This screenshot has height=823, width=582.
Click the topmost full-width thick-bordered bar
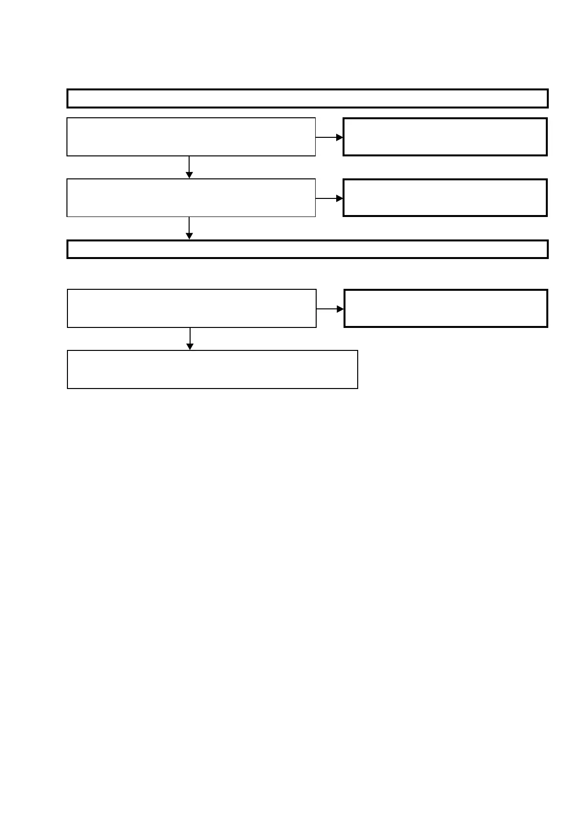(x=307, y=98)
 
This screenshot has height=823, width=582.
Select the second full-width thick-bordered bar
(x=307, y=249)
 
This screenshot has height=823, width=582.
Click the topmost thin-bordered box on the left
(x=191, y=137)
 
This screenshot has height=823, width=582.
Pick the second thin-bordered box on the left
(x=191, y=197)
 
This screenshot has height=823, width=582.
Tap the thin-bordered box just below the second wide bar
(x=192, y=308)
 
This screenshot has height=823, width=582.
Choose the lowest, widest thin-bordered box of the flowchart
(x=213, y=369)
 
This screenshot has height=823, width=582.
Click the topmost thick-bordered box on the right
(x=445, y=137)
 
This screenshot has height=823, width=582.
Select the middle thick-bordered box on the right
(x=445, y=197)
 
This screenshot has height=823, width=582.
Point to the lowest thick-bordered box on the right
(x=446, y=308)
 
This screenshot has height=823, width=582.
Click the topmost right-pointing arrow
(x=329, y=137)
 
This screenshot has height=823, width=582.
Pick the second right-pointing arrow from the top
(x=329, y=198)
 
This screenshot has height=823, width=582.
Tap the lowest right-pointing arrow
(x=330, y=309)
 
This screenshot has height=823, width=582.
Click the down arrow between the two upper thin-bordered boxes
(x=189, y=167)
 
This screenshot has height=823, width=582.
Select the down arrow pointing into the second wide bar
(x=189, y=228)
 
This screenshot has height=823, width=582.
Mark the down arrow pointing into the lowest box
(x=190, y=339)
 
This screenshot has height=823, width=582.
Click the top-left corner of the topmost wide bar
(x=67, y=90)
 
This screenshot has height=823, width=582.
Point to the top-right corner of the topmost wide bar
(x=547, y=90)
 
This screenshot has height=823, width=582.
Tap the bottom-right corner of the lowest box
(x=358, y=389)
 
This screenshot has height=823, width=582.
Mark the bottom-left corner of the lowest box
(x=67, y=389)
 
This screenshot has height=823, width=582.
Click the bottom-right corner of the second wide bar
(x=547, y=258)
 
